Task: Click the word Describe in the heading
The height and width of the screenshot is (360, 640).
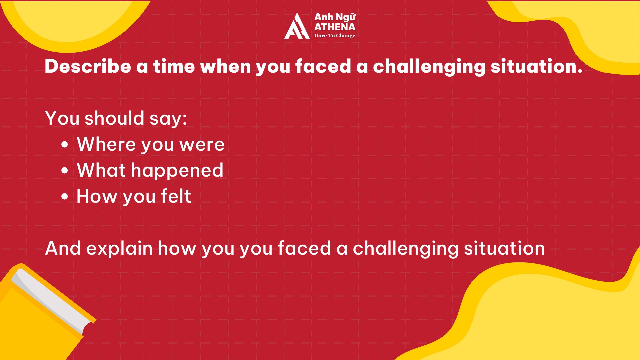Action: tap(88, 66)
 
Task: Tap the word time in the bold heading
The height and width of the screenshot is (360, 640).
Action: tap(174, 66)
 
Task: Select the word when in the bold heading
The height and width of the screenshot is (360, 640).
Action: tap(226, 66)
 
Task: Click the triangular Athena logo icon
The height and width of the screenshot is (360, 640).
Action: tap(297, 26)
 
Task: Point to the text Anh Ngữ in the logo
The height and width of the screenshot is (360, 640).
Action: tap(335, 17)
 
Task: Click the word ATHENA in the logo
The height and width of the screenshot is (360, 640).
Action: tap(335, 27)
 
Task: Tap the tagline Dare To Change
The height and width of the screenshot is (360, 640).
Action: tap(335, 36)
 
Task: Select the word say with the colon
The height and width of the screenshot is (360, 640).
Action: tap(168, 119)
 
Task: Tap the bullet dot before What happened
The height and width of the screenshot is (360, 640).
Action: tap(65, 171)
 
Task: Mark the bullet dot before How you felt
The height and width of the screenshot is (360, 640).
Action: tap(65, 197)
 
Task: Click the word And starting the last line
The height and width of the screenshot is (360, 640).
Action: tap(63, 248)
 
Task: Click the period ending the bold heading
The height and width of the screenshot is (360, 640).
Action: tap(580, 71)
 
